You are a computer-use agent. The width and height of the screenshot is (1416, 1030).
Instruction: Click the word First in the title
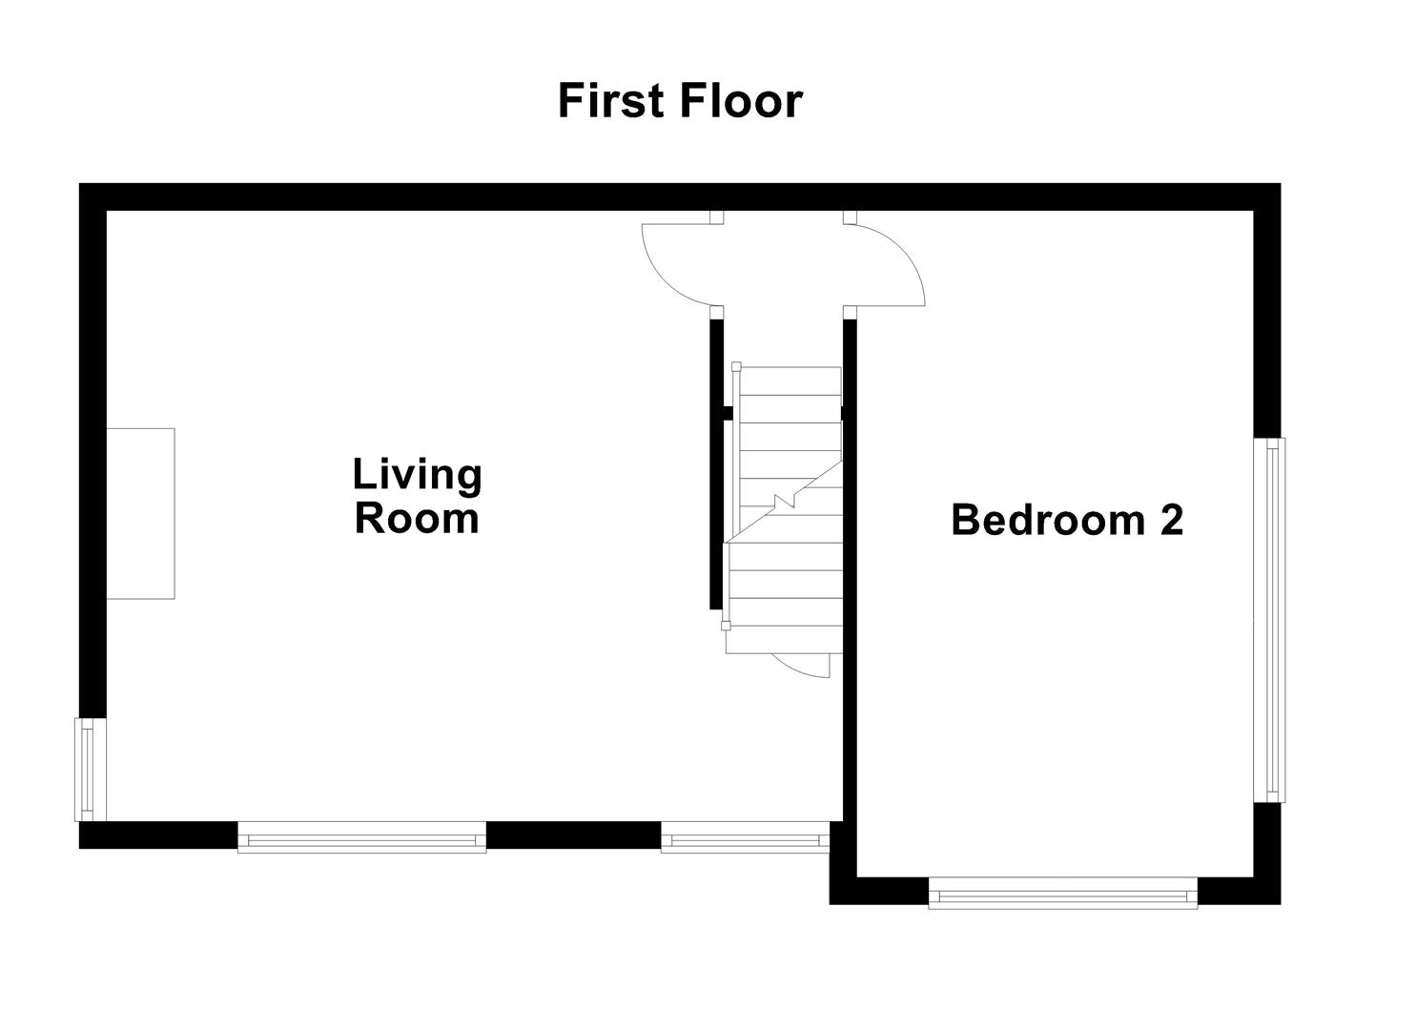[610, 101]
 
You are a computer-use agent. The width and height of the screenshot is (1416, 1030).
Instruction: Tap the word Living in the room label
[417, 474]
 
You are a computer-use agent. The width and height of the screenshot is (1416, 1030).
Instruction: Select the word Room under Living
[417, 519]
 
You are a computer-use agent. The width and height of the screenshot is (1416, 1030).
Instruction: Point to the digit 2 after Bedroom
[1171, 520]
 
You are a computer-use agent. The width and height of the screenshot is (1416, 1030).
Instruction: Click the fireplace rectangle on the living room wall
[140, 513]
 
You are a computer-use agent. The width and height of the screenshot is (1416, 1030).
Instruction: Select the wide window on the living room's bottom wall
[361, 840]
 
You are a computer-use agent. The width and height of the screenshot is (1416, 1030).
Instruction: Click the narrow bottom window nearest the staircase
[744, 840]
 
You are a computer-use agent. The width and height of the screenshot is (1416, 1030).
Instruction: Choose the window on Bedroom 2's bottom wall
[1062, 896]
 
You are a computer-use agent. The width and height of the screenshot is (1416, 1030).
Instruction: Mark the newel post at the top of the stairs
[736, 366]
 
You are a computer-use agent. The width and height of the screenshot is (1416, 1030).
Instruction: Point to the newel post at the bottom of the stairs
[726, 626]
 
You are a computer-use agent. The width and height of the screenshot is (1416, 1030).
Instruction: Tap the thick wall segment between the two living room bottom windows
[573, 835]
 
